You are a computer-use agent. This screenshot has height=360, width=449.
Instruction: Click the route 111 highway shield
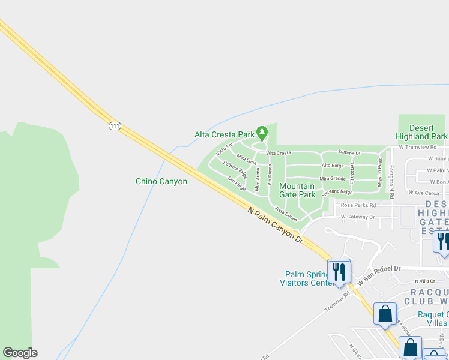tap(115, 126)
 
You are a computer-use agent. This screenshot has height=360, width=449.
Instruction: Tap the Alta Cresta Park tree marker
tap(261, 131)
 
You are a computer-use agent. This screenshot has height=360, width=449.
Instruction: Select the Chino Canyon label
tap(161, 181)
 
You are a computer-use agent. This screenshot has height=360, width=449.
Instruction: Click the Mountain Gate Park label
tap(297, 190)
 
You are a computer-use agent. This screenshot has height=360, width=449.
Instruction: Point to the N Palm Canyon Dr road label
tap(275, 224)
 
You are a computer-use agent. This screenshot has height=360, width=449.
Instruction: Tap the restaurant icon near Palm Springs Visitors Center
tap(339, 271)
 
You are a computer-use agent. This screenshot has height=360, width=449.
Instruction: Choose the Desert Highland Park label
tap(420, 132)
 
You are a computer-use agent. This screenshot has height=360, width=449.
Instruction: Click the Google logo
tap(20, 353)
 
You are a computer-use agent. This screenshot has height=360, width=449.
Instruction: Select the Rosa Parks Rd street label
tap(358, 205)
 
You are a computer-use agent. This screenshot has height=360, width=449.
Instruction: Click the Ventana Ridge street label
tap(337, 192)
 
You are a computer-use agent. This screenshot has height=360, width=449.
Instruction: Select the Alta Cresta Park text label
tap(224, 134)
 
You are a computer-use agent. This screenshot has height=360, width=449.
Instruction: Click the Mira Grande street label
tap(333, 178)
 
